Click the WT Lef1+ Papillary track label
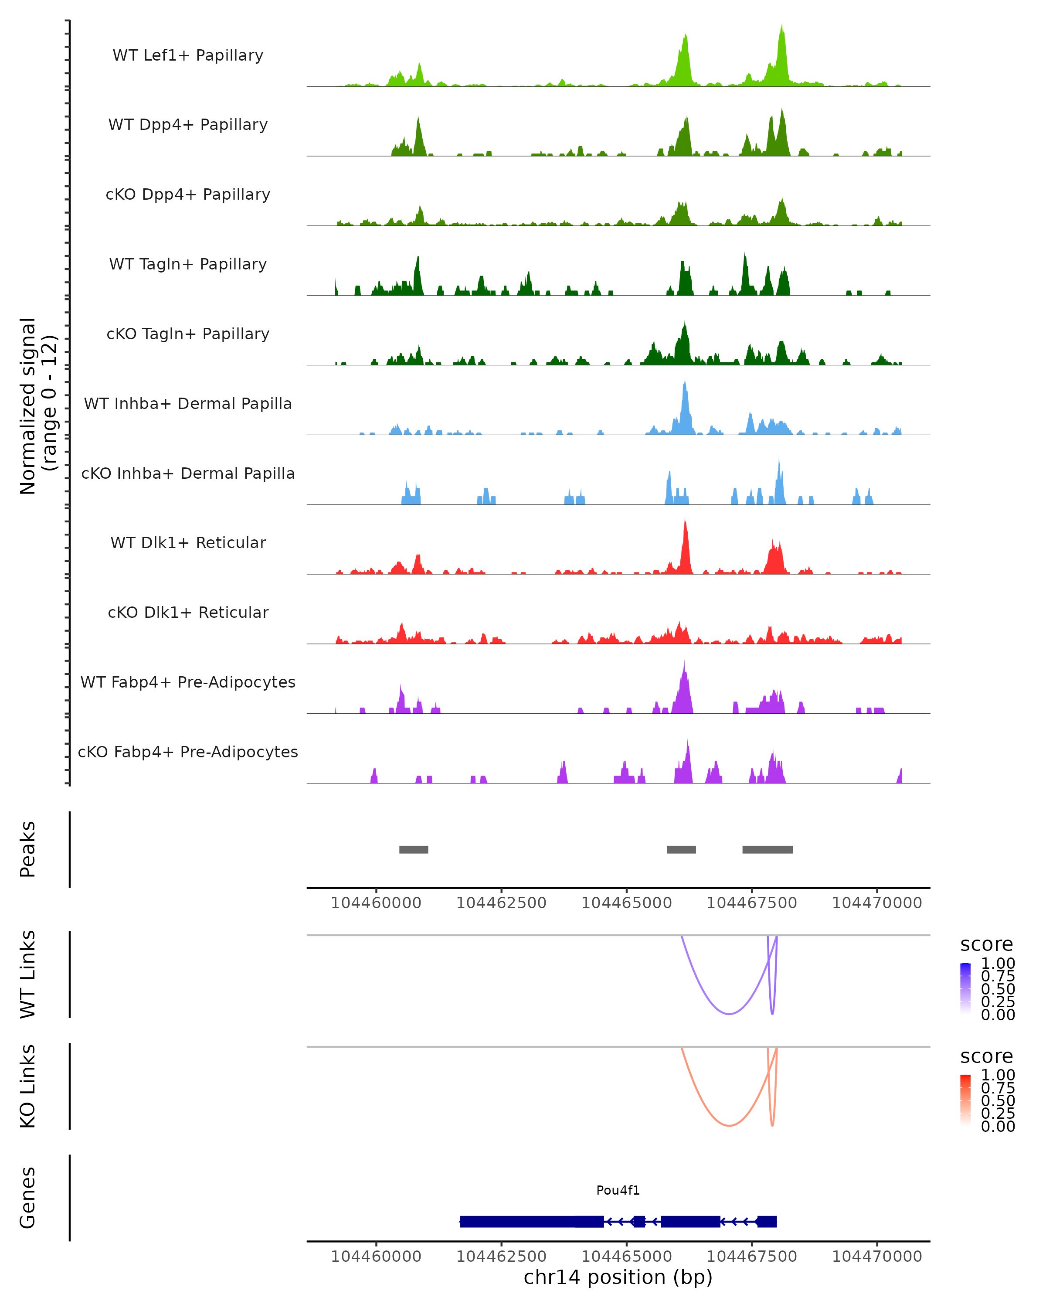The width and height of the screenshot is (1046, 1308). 188,55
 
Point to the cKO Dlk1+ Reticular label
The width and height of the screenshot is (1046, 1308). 188,612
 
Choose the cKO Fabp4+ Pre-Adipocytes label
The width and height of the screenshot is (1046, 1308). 188,752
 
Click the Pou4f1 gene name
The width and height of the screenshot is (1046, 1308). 618,1190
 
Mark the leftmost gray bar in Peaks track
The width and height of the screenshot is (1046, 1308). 414,849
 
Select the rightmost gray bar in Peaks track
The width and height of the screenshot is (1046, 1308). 767,849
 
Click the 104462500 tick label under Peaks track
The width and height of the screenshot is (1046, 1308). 502,903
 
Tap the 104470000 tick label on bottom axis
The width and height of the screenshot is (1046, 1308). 877,1257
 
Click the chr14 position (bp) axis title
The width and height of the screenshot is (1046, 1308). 618,1277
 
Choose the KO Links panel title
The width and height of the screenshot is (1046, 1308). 28,1087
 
